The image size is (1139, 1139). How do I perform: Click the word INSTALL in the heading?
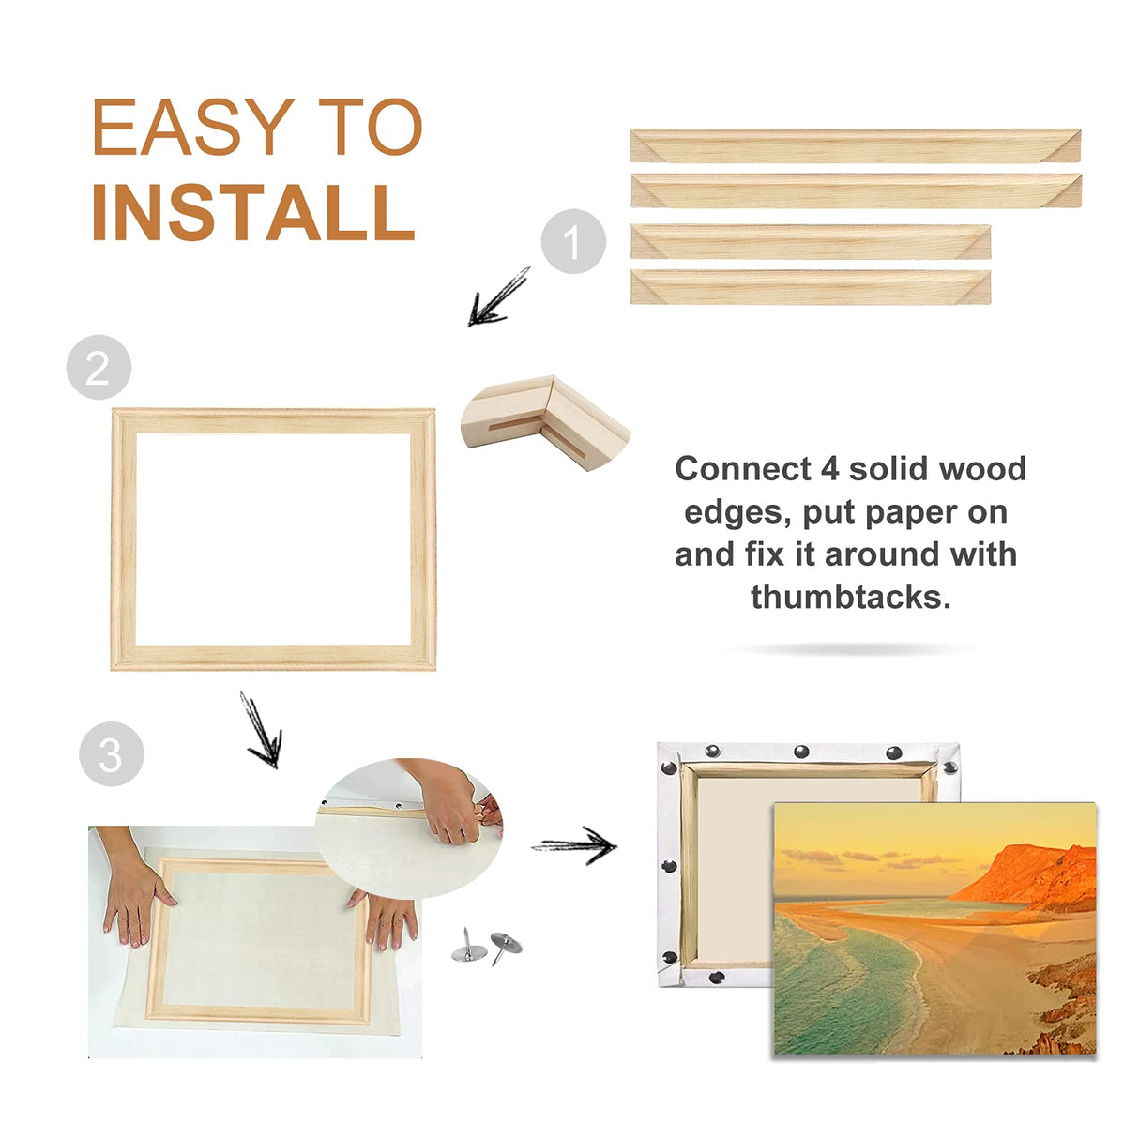tap(253, 213)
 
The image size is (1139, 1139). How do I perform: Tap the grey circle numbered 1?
tap(573, 242)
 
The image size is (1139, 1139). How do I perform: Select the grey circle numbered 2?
tap(99, 367)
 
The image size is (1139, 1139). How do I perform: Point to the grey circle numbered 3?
tap(111, 753)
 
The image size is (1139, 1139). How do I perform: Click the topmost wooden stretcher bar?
tap(855, 145)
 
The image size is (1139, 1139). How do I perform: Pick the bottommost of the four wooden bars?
tap(810, 286)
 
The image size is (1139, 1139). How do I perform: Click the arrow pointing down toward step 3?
tap(261, 731)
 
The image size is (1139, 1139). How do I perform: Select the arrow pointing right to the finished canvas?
tap(574, 845)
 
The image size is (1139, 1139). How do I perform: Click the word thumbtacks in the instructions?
tap(850, 597)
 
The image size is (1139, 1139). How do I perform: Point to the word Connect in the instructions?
tap(743, 468)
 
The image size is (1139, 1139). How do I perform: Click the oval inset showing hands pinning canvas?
tap(409, 826)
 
